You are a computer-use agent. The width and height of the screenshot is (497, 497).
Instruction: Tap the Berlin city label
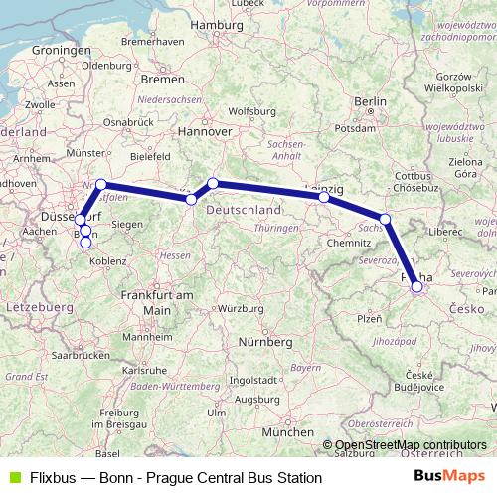[x=370, y=101]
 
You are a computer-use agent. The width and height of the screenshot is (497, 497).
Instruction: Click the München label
[x=288, y=434]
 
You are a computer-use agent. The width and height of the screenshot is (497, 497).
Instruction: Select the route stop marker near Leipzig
[x=324, y=197]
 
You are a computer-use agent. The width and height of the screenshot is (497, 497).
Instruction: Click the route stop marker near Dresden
[x=386, y=219]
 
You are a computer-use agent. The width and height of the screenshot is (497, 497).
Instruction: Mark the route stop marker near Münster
[x=100, y=184]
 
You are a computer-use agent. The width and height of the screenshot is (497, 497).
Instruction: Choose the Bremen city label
[x=163, y=78]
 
